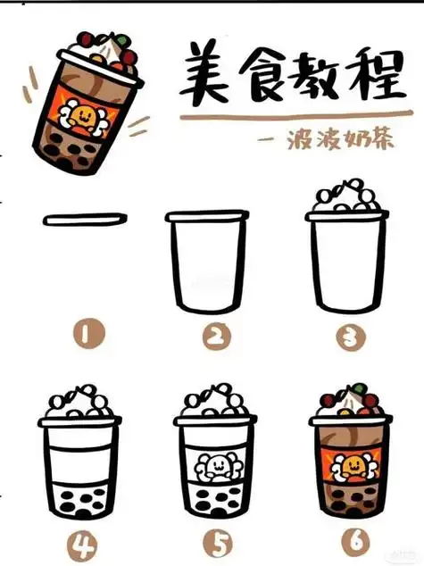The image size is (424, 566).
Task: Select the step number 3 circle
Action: coord(345,337)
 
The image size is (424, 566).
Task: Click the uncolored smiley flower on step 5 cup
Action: coord(214,465)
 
